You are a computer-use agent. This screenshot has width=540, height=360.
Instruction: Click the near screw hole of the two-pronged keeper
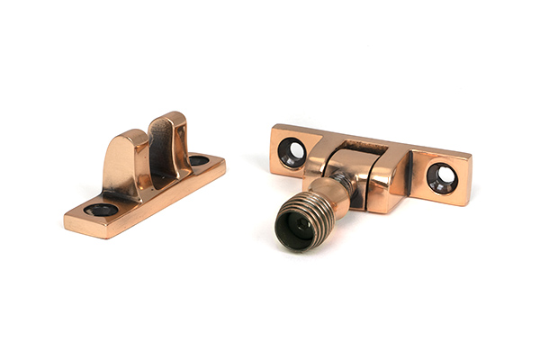pyautogui.click(x=101, y=210)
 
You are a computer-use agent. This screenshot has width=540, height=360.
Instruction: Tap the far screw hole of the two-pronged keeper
pyautogui.click(x=198, y=161)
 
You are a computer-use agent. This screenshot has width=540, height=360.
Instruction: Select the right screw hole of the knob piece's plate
pyautogui.click(x=442, y=176)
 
